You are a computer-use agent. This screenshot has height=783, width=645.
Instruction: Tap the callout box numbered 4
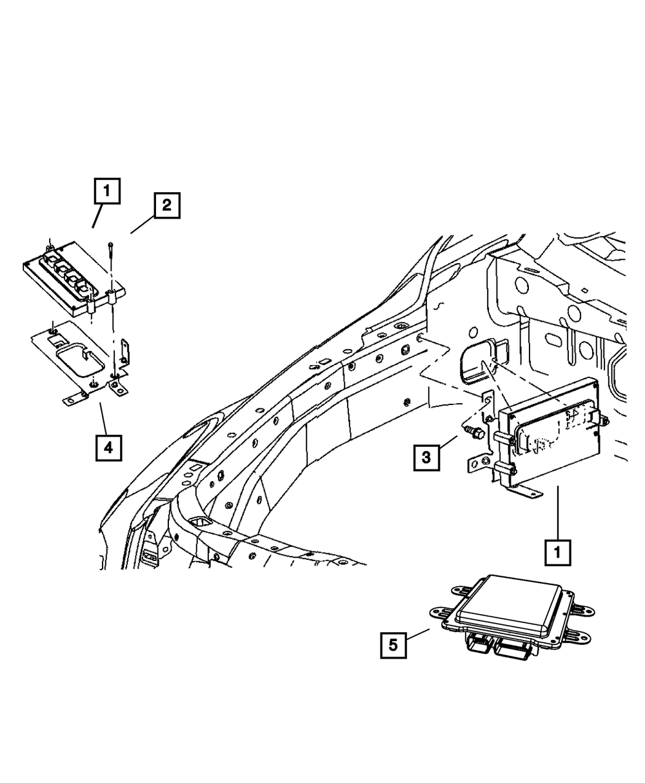click(x=108, y=447)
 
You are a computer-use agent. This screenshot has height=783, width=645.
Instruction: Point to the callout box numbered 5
click(x=393, y=644)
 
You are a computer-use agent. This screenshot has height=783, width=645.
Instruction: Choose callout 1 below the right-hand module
click(x=557, y=552)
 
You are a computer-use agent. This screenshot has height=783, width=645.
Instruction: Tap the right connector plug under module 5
click(x=516, y=650)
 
